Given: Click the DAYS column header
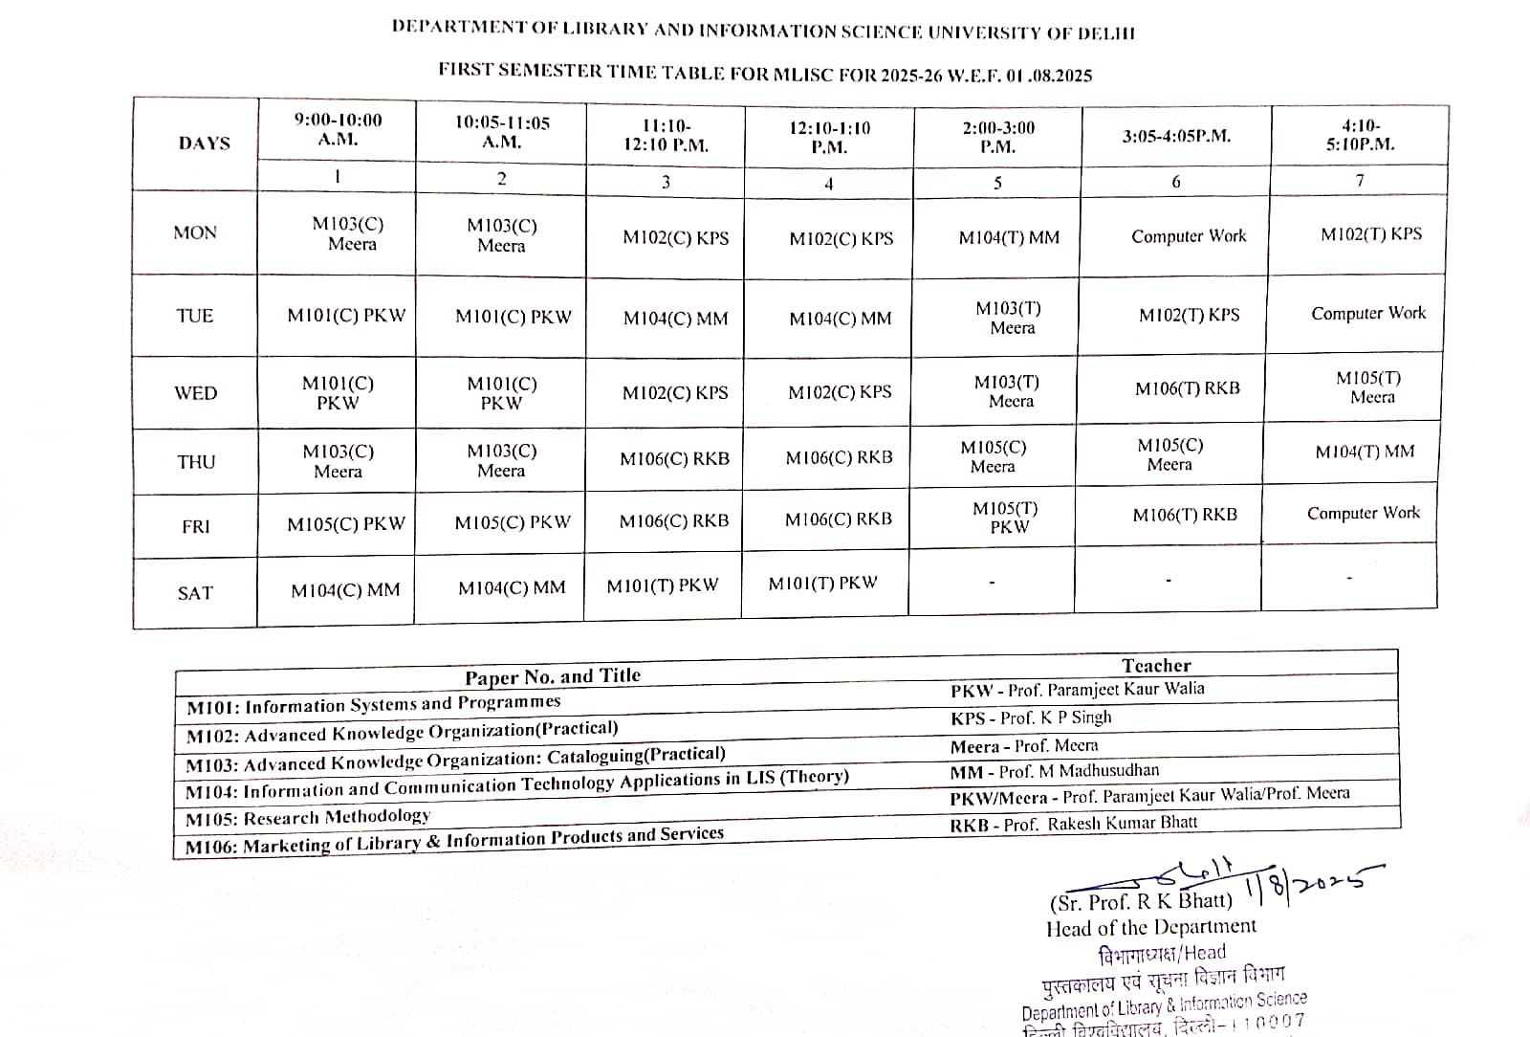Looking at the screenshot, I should pyautogui.click(x=204, y=143).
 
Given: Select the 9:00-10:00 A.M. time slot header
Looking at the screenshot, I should pyautogui.click(x=338, y=129).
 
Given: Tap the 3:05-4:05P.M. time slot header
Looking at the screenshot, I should pyautogui.click(x=1176, y=136).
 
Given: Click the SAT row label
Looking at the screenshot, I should pyautogui.click(x=195, y=593).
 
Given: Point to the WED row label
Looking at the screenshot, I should pyautogui.click(x=195, y=393).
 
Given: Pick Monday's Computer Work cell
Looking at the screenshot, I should pyautogui.click(x=1189, y=236).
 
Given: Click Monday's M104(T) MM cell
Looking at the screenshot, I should pyautogui.click(x=1009, y=237).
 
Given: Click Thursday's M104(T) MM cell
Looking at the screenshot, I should pyautogui.click(x=1365, y=452).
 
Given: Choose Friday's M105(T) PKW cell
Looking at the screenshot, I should pyautogui.click(x=1005, y=518).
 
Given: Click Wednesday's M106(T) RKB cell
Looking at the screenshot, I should pyautogui.click(x=1188, y=388).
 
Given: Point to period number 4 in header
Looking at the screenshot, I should pyautogui.click(x=828, y=184).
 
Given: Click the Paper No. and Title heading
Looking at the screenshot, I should pyautogui.click(x=553, y=677).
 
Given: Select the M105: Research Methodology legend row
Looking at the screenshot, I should pyautogui.click(x=308, y=817).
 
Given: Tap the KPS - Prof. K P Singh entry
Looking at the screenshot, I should pyautogui.click(x=1031, y=717).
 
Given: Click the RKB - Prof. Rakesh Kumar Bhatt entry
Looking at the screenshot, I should pyautogui.click(x=1073, y=824).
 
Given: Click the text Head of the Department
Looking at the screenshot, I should pyautogui.click(x=1151, y=927).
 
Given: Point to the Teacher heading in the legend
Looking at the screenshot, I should pyautogui.click(x=1156, y=666).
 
